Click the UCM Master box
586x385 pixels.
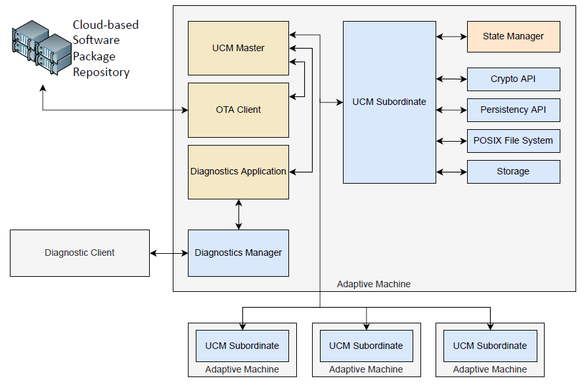[238, 48]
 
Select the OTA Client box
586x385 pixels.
[238, 110]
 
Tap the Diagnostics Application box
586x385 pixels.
[238, 172]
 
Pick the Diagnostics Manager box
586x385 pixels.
[238, 253]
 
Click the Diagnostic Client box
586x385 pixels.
[79, 253]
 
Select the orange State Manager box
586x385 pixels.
[513, 37]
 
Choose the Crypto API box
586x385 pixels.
[513, 79]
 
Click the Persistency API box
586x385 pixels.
[513, 110]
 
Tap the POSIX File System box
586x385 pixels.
[513, 141]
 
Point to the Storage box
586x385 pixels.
[513, 172]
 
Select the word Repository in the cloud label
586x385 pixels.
[101, 72]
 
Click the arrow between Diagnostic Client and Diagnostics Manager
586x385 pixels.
[169, 253]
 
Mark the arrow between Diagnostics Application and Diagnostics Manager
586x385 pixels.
[238, 214]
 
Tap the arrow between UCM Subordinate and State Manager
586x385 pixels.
[451, 37]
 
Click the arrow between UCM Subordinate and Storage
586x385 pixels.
[451, 172]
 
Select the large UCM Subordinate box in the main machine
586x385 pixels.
[389, 102]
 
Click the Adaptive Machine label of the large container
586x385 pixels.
[374, 285]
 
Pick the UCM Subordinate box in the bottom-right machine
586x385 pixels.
[490, 346]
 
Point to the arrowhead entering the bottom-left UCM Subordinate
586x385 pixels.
[242, 326]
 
